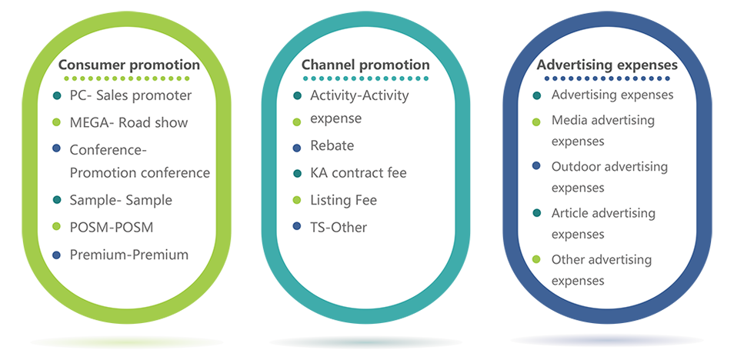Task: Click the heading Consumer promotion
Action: coord(130,65)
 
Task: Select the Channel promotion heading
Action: coord(365,65)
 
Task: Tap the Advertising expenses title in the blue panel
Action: coord(607,65)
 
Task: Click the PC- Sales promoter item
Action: coord(131,95)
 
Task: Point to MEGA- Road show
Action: coord(128,123)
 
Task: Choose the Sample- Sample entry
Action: coord(121,200)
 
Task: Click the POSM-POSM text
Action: coord(112,228)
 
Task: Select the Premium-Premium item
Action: coord(129,255)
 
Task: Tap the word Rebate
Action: coord(332,145)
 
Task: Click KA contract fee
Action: coord(359,173)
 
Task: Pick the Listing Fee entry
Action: coord(344,201)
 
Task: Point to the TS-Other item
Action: coord(339,228)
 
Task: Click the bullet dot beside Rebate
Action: coord(296,148)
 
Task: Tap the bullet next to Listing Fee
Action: coord(296,201)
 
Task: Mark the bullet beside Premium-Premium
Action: coord(57,255)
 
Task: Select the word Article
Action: coord(569,213)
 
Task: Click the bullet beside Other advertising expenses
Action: coord(537,259)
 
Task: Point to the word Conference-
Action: coord(108,150)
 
